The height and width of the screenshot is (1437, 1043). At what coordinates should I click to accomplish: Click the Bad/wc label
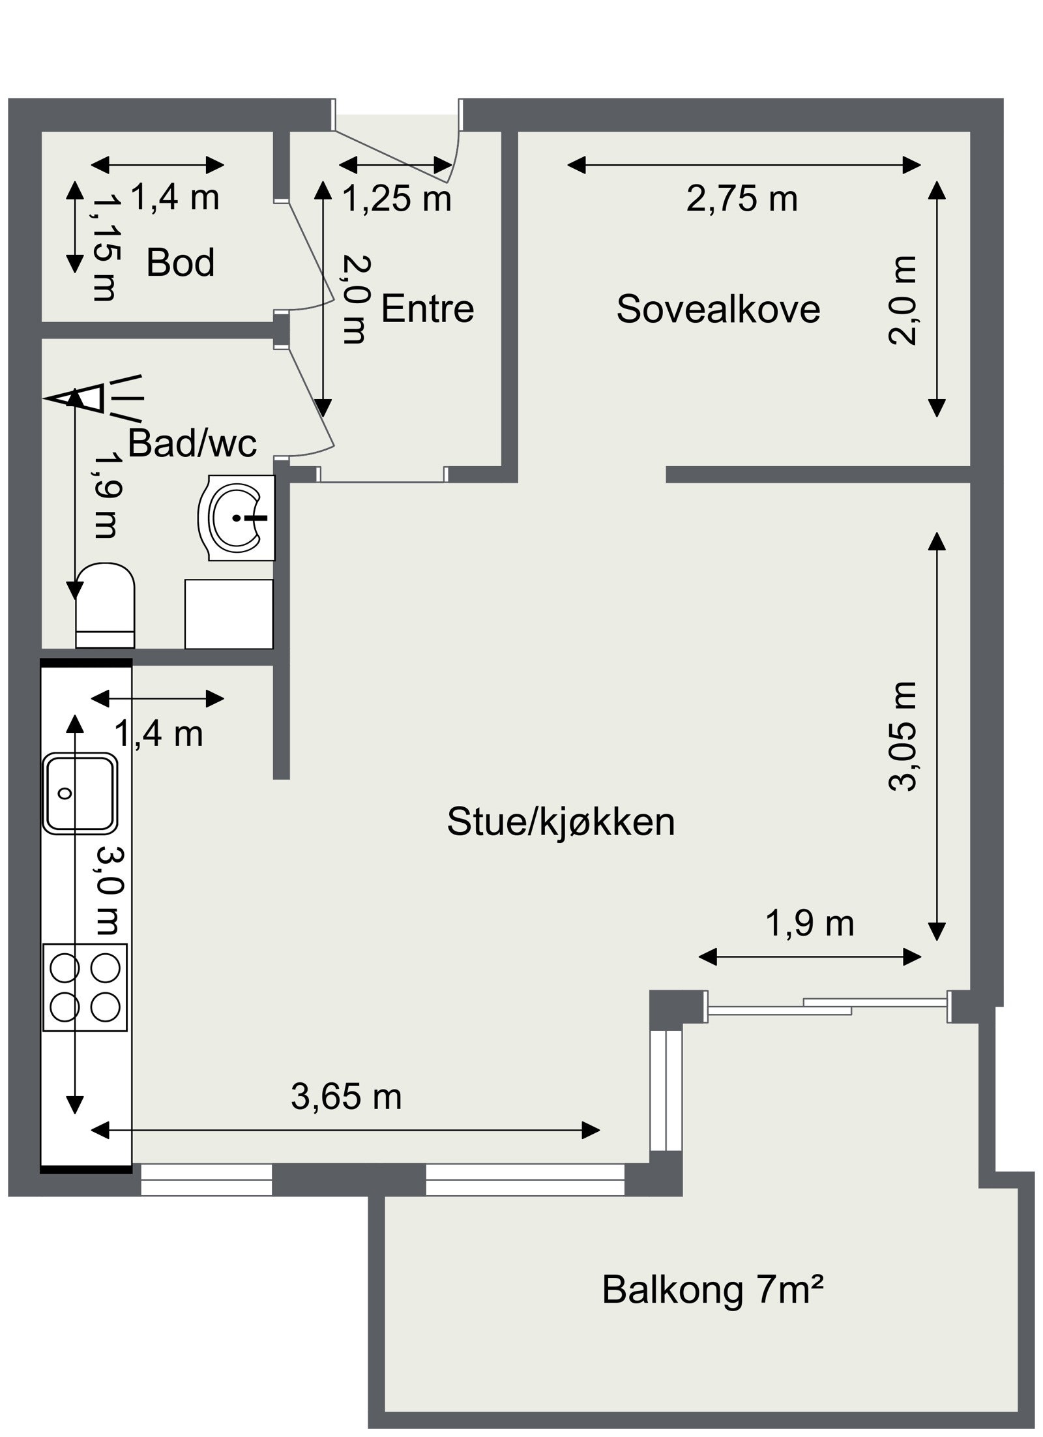192,443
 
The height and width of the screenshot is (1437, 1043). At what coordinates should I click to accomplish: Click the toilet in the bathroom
105,605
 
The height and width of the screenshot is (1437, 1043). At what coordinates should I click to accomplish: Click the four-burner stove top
85,987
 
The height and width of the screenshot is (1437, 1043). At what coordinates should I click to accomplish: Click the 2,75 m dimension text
742,199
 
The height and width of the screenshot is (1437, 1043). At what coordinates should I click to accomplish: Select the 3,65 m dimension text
346,1097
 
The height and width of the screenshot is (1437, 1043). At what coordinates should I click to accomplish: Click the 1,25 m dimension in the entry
396,199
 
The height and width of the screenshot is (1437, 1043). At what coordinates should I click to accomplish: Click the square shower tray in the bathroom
228,614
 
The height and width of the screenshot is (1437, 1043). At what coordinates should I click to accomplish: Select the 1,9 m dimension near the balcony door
810,924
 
